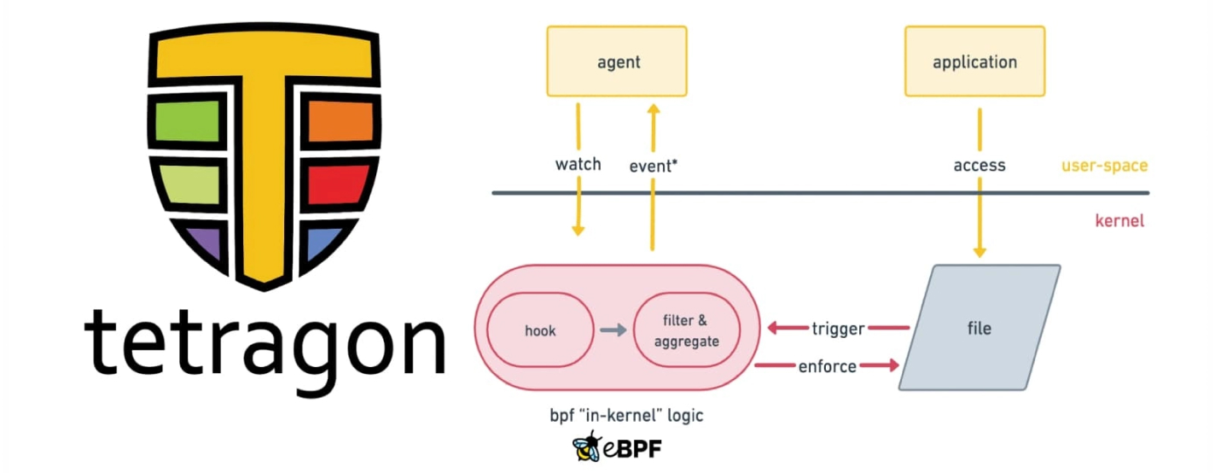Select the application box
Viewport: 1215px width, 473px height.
974,61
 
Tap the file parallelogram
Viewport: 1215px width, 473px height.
980,328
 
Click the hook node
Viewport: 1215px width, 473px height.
539,330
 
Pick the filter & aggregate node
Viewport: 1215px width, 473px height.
686,330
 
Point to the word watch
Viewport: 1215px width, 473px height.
578,164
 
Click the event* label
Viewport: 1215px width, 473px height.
653,166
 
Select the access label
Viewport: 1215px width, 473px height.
979,165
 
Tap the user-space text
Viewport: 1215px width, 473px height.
1104,165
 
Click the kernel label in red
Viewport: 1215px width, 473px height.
1119,221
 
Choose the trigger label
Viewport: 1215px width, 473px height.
838,329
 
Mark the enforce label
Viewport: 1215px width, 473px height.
827,366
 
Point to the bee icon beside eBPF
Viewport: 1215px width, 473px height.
586,446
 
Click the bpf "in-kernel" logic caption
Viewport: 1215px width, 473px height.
626,416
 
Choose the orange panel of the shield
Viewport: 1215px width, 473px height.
340,120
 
